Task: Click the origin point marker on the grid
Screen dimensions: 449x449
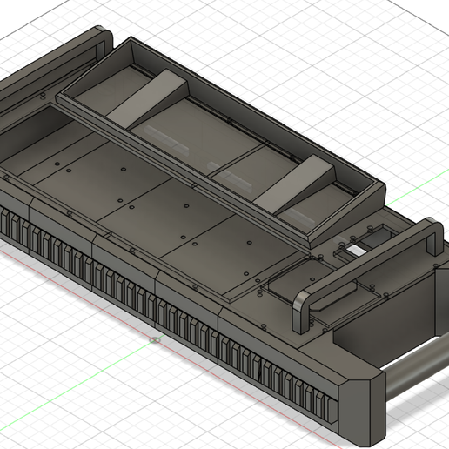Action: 154,340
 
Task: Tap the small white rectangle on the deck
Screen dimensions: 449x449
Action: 358,251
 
